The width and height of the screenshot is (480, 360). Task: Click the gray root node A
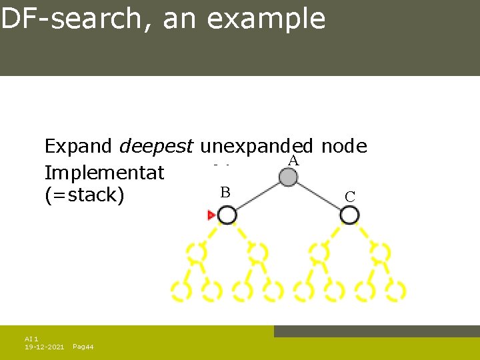[x=288, y=177]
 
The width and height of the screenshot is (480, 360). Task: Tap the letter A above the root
[x=293, y=161]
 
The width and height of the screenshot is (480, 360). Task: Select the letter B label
[x=225, y=193]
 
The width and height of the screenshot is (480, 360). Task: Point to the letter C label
[x=350, y=196]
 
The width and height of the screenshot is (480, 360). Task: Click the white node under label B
[x=227, y=215]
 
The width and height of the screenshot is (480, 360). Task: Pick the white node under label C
[x=349, y=215]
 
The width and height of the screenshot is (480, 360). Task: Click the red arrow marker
[x=211, y=215]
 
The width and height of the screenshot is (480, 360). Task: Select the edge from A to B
[x=257, y=197]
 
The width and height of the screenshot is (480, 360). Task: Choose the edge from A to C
[x=319, y=197]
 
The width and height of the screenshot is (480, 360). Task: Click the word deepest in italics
[x=156, y=147]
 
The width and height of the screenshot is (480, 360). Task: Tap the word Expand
[x=79, y=147]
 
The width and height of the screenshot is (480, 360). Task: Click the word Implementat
[x=104, y=173]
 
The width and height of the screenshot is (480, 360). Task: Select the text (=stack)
[x=84, y=196]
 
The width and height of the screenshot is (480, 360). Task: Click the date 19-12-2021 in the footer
[x=44, y=347]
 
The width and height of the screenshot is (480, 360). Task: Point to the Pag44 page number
[x=83, y=347]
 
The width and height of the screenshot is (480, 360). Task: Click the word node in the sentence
[x=345, y=147]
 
